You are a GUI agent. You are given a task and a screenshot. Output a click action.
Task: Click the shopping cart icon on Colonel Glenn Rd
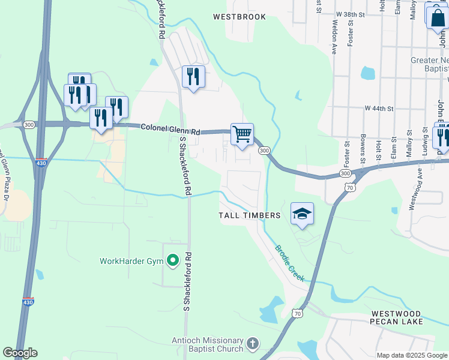[242, 134]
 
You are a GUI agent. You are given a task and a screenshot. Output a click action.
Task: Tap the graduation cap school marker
[302, 214]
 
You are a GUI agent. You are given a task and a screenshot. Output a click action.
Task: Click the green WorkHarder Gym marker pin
[173, 260]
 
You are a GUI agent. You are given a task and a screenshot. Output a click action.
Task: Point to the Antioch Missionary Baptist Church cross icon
[253, 344]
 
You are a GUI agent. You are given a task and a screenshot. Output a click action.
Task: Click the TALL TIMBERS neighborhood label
[250, 215]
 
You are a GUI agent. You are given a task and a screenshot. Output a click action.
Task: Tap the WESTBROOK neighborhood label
[239, 17]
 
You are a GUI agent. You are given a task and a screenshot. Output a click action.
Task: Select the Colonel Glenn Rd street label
[170, 129]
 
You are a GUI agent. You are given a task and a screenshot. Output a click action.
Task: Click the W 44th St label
[379, 109]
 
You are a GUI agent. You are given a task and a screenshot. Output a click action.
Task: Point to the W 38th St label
[351, 13]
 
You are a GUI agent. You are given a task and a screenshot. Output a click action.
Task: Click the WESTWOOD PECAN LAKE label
[397, 317]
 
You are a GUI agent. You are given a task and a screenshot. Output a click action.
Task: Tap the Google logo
[20, 353]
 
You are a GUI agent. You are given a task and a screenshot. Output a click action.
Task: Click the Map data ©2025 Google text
[412, 355]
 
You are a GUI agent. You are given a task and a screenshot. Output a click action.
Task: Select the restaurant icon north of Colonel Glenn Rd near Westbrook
[193, 76]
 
